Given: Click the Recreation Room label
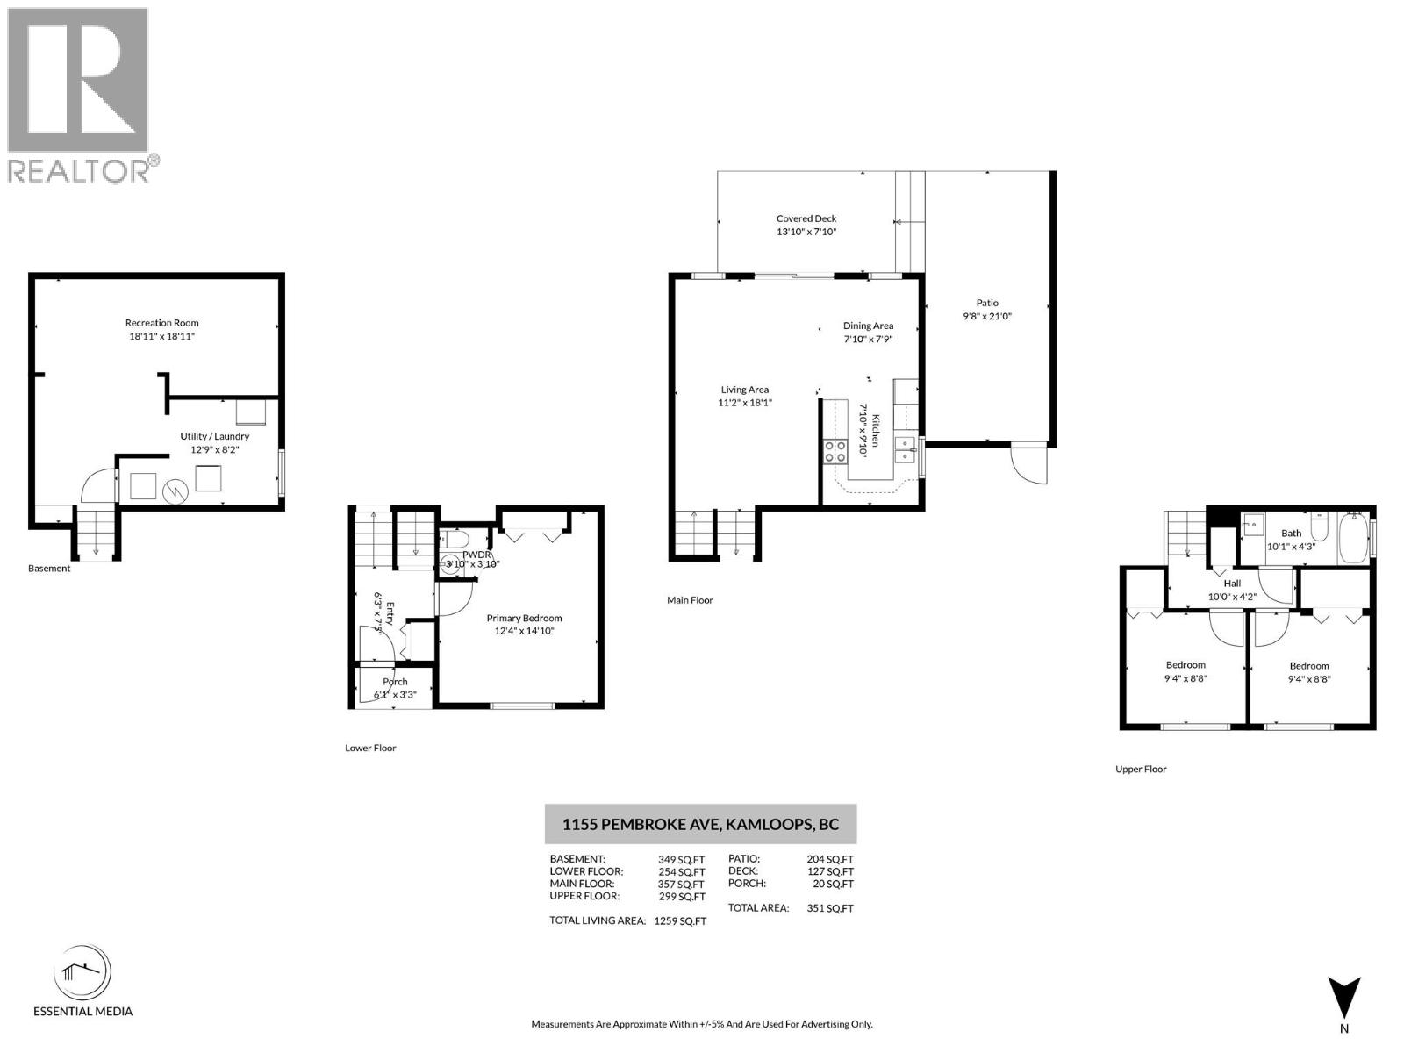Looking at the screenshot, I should point(162,323).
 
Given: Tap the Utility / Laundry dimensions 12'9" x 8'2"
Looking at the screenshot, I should point(215,449).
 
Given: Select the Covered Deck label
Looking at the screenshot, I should point(806,218).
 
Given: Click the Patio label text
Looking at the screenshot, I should point(987,303).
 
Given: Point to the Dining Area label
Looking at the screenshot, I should point(868,326).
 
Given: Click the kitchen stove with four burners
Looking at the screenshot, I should point(835,451).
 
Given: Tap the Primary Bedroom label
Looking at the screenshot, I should point(524,618).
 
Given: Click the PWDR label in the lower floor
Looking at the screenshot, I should point(476,555).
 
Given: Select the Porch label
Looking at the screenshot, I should point(395,682).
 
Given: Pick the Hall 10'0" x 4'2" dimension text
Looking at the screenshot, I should point(1232,597).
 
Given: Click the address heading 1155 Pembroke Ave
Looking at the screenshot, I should point(700,825).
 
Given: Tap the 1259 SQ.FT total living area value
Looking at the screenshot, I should point(680,921).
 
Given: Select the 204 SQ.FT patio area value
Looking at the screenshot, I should point(829,860).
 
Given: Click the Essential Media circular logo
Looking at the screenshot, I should point(82,973).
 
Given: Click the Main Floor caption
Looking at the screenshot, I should point(690,600).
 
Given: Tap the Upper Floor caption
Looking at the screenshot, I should point(1141,769).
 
